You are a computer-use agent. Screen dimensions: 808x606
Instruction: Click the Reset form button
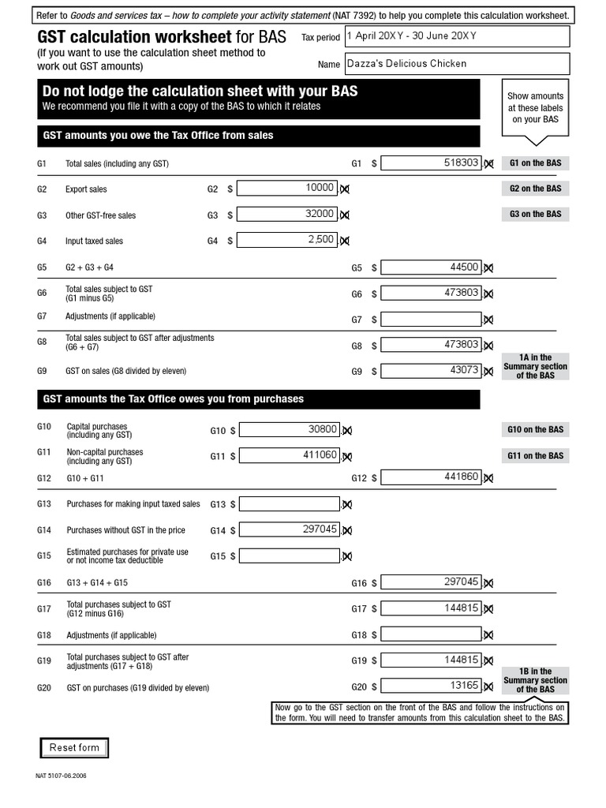tap(74, 747)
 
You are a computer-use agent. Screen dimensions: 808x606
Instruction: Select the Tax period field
tap(456, 36)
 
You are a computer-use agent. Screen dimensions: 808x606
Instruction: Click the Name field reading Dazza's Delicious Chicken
tap(456, 64)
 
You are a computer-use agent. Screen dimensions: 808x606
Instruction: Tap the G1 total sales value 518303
tap(431, 163)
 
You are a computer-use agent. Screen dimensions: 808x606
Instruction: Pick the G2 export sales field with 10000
tap(287, 188)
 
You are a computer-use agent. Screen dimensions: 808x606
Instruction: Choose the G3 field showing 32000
tap(287, 214)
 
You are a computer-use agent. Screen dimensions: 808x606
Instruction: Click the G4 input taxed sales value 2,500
tap(287, 240)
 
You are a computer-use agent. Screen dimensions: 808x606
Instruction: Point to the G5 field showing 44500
tap(431, 267)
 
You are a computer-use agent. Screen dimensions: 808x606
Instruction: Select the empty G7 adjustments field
tap(431, 319)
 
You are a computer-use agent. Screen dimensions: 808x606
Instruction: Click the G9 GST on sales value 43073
tap(431, 370)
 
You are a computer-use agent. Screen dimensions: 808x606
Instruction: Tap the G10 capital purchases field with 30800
tap(290, 429)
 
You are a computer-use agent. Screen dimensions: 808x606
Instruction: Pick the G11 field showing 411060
tap(290, 455)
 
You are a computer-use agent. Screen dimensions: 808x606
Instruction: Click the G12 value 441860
tap(431, 477)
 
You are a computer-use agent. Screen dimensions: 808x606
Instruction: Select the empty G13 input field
tap(290, 503)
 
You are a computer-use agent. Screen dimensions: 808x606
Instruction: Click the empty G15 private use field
tap(290, 555)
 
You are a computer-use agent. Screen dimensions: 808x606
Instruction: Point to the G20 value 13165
tap(431, 686)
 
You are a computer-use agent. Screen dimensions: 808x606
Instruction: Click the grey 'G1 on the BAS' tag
tap(535, 163)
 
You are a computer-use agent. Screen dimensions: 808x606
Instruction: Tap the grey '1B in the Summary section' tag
tap(535, 680)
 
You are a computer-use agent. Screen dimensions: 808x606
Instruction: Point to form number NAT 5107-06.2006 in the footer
tap(62, 776)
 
